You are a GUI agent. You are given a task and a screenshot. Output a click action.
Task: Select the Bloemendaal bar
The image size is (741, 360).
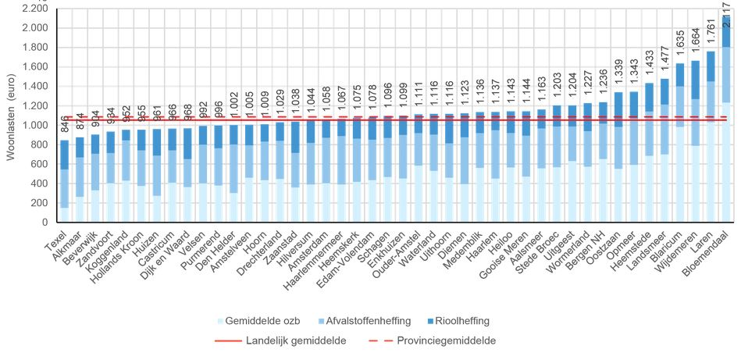725,125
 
